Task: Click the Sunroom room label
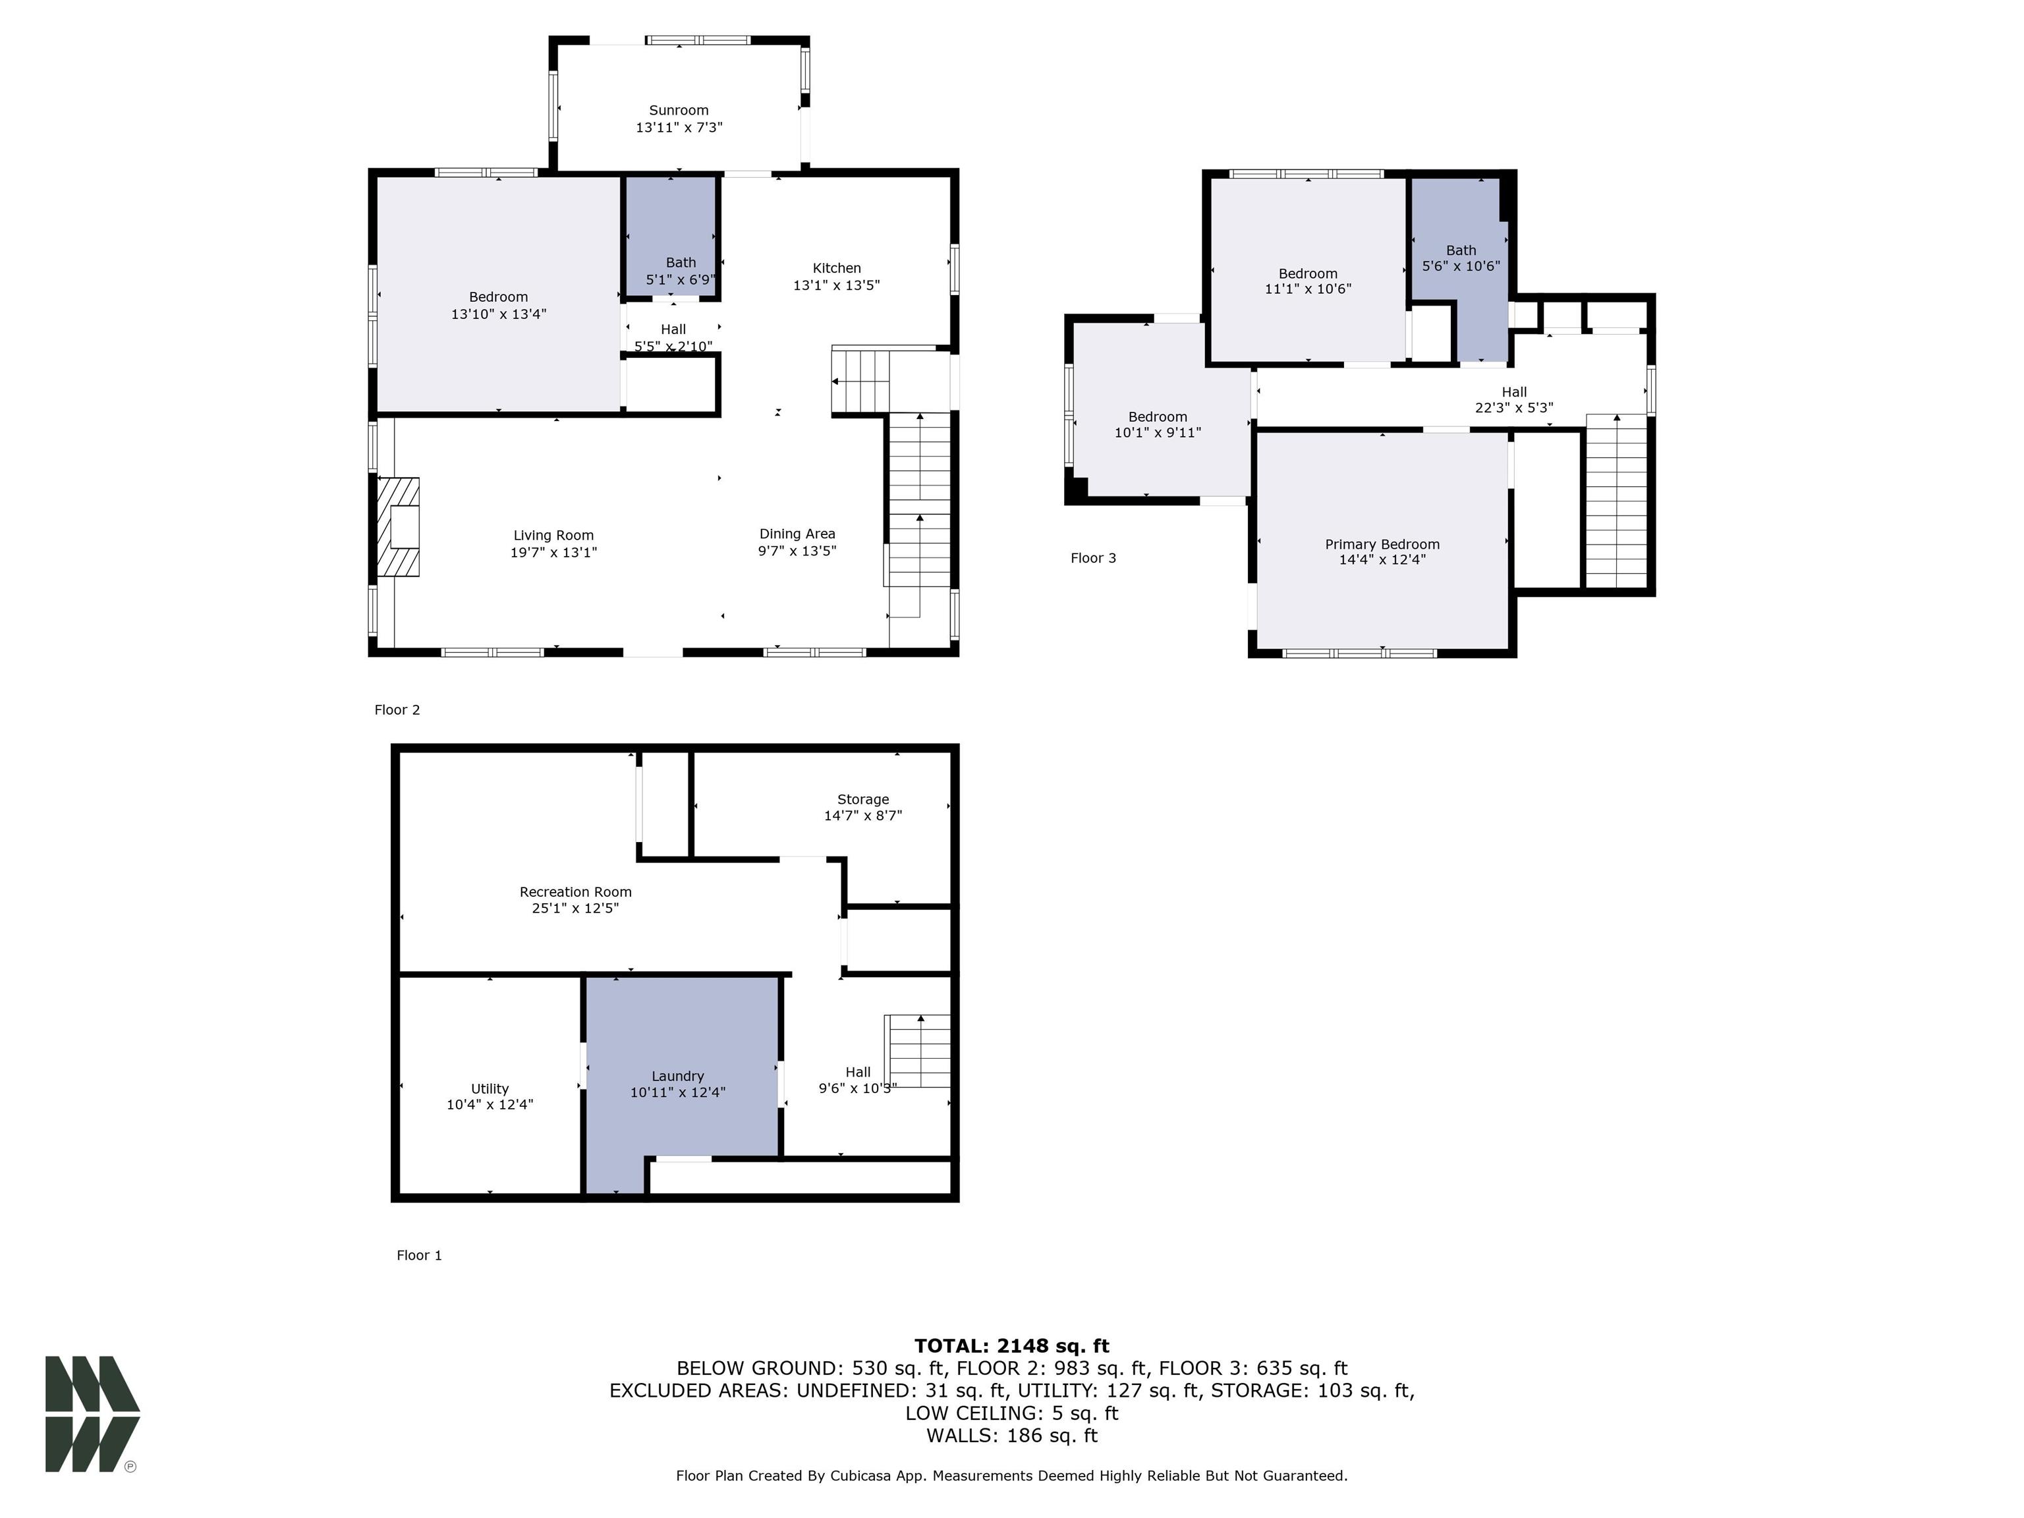pyautogui.click(x=679, y=111)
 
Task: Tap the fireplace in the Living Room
pyautogui.click(x=399, y=527)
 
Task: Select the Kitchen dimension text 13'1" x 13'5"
pyautogui.click(x=836, y=285)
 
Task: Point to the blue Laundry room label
pyautogui.click(x=678, y=1076)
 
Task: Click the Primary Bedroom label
pyautogui.click(x=1382, y=544)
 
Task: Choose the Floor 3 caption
pyautogui.click(x=1094, y=558)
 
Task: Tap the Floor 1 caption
pyautogui.click(x=419, y=1255)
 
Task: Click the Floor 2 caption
pyautogui.click(x=397, y=710)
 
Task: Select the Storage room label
pyautogui.click(x=863, y=800)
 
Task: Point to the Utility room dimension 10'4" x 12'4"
pyautogui.click(x=490, y=1104)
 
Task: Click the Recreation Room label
pyautogui.click(x=576, y=892)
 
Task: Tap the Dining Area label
pyautogui.click(x=797, y=534)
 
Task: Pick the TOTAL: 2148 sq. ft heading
pyautogui.click(x=1011, y=1346)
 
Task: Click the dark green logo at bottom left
pyautogui.click(x=92, y=1414)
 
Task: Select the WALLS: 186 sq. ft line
pyautogui.click(x=1011, y=1436)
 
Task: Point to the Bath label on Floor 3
pyautogui.click(x=1461, y=251)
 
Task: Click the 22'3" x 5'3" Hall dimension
pyautogui.click(x=1513, y=408)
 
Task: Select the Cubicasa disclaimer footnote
pyautogui.click(x=1011, y=1476)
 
